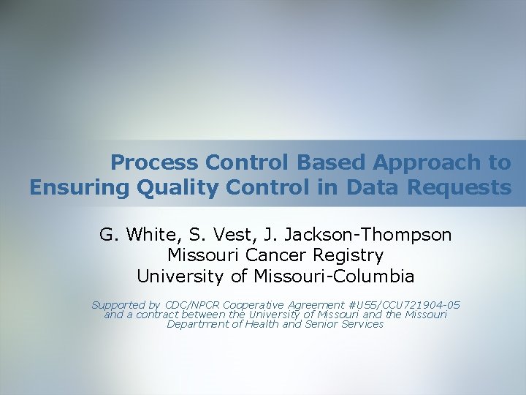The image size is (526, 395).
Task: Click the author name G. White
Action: [x=131, y=235]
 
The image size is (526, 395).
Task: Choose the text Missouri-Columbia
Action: [x=334, y=276]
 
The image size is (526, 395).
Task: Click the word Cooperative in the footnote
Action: [x=256, y=305]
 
